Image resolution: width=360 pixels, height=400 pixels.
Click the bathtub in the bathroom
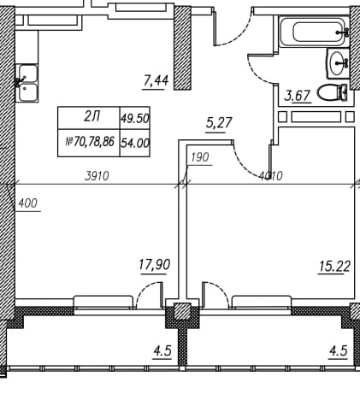pyautogui.click(x=314, y=32)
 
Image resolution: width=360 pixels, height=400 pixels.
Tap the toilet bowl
pyautogui.click(x=333, y=92)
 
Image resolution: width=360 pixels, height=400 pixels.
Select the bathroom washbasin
pyautogui.click(x=339, y=63)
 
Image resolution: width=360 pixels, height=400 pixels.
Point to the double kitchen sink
pyautogui.click(x=27, y=83)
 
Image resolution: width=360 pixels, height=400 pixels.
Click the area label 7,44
pyautogui.click(x=156, y=81)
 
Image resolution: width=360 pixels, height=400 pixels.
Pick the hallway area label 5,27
pyautogui.click(x=219, y=123)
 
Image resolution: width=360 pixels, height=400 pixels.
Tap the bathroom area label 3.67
pyautogui.click(x=298, y=95)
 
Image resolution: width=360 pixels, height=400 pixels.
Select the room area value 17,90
pyautogui.click(x=155, y=265)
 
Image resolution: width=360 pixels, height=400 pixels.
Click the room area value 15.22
pyautogui.click(x=334, y=267)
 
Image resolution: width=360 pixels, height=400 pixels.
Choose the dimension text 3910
pyautogui.click(x=97, y=176)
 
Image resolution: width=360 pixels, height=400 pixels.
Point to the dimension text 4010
pyautogui.click(x=271, y=176)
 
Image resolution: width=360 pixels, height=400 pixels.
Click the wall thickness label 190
pyautogui.click(x=200, y=157)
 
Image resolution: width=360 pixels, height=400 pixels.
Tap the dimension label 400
pyautogui.click(x=27, y=203)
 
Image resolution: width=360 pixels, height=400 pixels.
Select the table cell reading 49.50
pyautogui.click(x=135, y=118)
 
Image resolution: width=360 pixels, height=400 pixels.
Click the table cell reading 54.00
pyautogui.click(x=135, y=143)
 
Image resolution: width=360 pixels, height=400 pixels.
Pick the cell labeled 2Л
pyautogui.click(x=89, y=118)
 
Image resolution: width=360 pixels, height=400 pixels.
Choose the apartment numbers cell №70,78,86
pyautogui.click(x=89, y=143)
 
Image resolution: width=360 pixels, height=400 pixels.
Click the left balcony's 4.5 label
pyautogui.click(x=162, y=351)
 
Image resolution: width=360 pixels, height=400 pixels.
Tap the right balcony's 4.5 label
pyautogui.click(x=339, y=351)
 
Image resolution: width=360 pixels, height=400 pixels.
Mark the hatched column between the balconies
pyautogui.click(x=182, y=311)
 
